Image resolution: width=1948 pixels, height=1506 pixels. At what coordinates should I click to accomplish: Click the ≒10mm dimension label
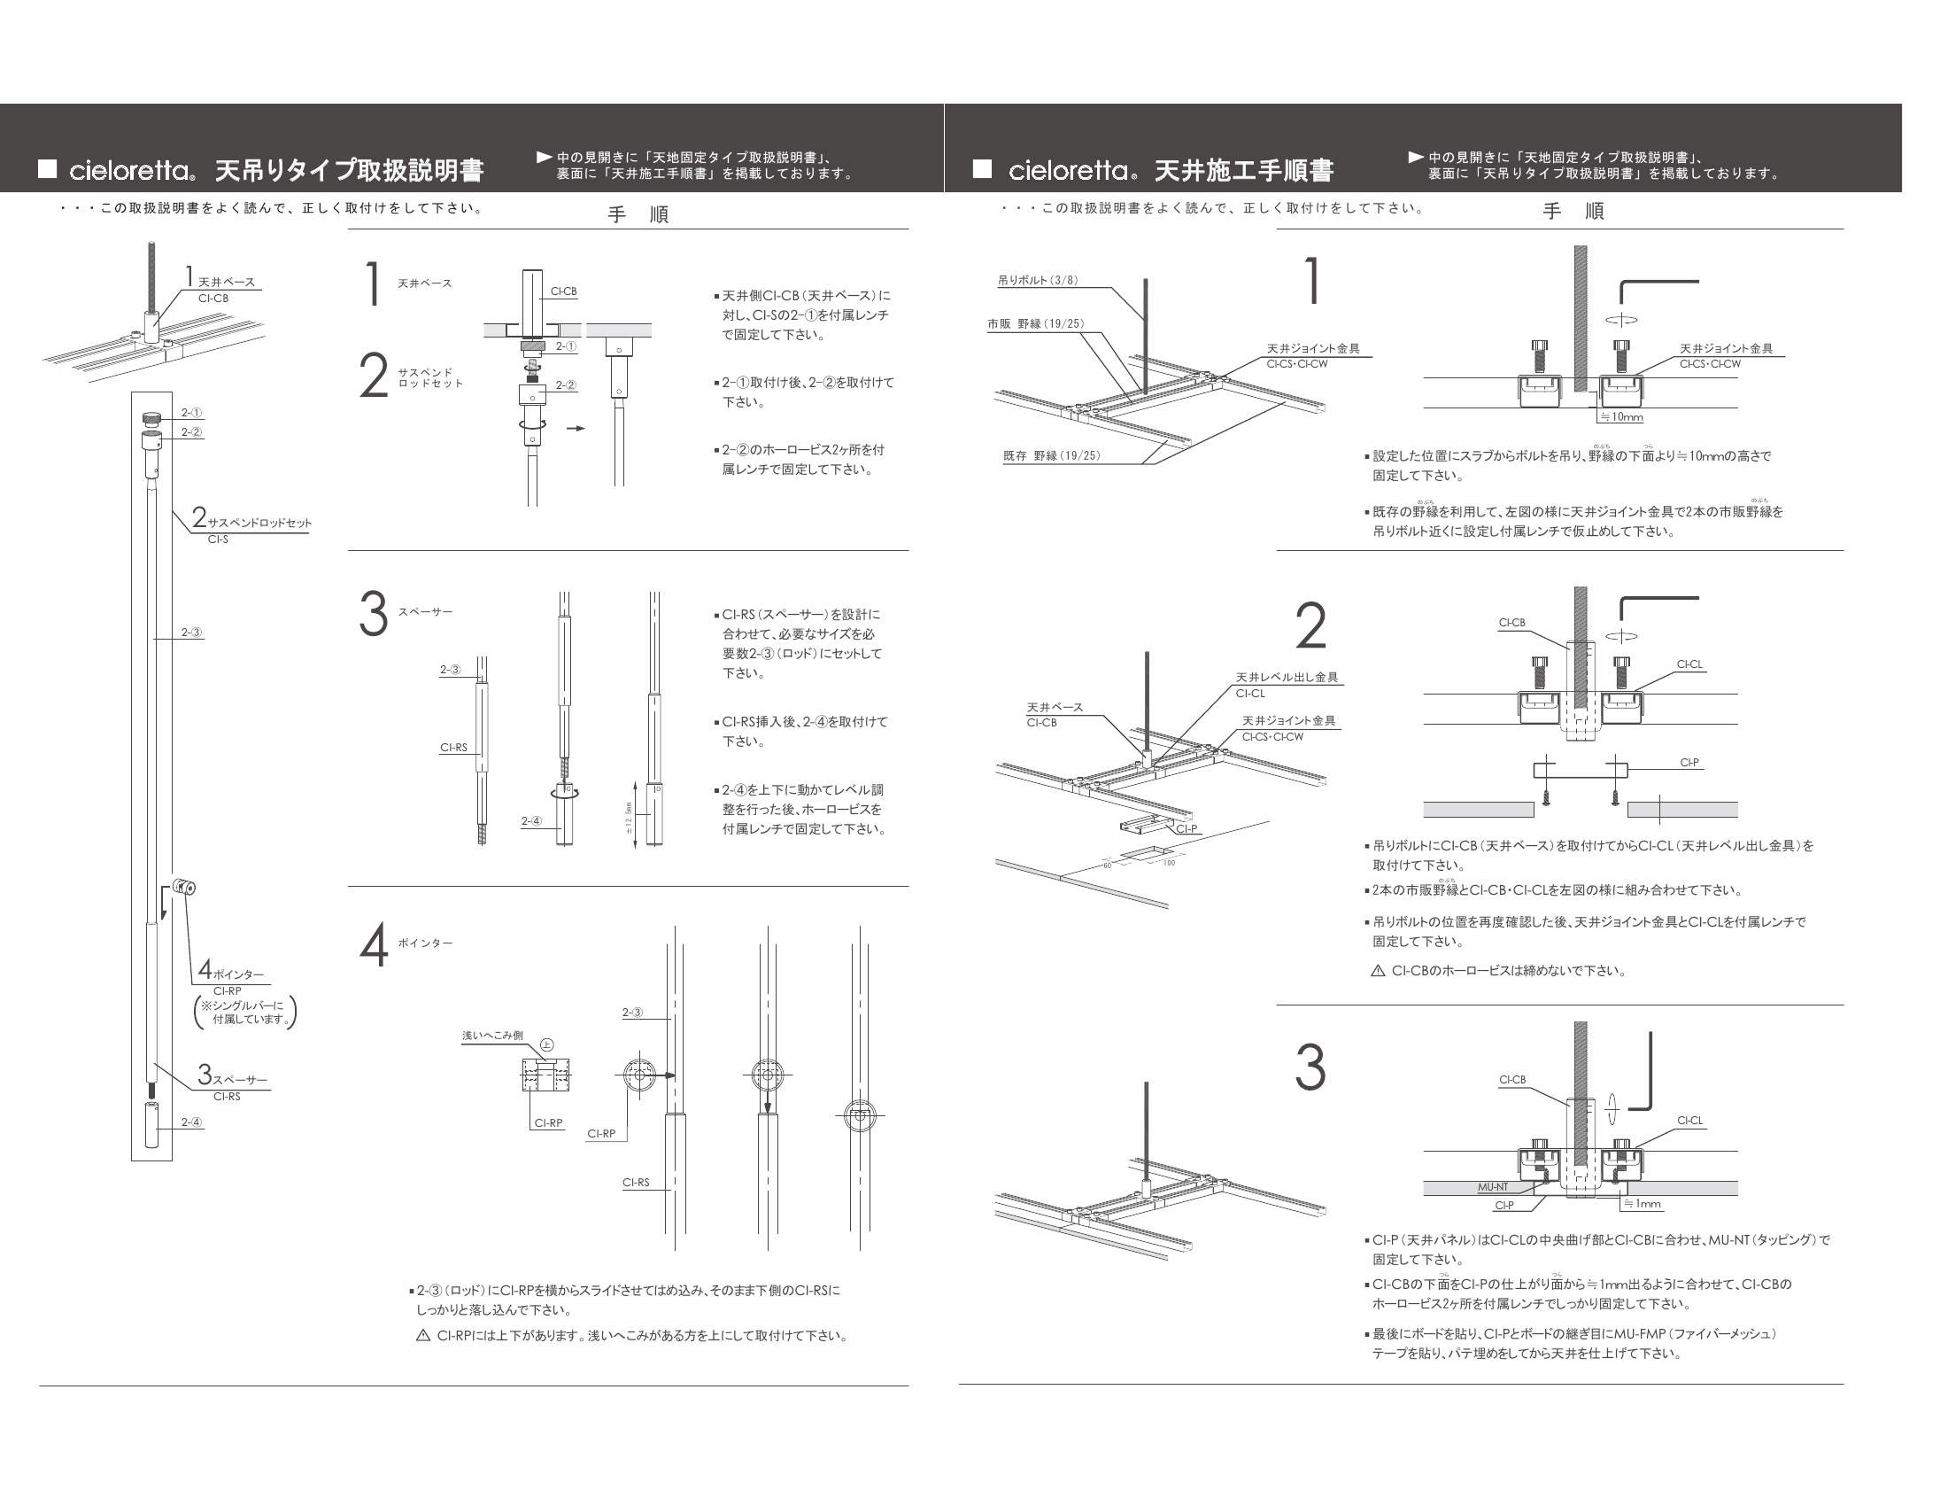pyautogui.click(x=1621, y=416)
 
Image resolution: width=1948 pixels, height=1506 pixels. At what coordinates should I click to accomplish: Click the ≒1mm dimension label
pyautogui.click(x=1642, y=1204)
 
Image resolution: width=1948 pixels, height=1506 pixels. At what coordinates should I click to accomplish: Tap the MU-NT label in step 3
pyautogui.click(x=1492, y=1186)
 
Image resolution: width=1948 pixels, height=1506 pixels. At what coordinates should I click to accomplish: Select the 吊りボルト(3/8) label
pyautogui.click(x=1038, y=280)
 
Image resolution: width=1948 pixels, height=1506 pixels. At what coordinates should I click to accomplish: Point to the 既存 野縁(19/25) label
pyautogui.click(x=1052, y=456)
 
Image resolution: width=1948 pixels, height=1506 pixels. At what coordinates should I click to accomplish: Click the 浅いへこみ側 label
pyautogui.click(x=492, y=1035)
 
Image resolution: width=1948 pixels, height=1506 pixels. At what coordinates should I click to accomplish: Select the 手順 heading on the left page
pyautogui.click(x=638, y=214)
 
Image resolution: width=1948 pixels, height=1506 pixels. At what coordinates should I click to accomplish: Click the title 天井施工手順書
pyautogui.click(x=1243, y=169)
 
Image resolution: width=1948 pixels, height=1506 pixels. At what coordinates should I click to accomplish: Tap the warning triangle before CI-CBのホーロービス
pyautogui.click(x=1377, y=971)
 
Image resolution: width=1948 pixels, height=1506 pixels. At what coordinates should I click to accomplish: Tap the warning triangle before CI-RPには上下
pyautogui.click(x=423, y=1336)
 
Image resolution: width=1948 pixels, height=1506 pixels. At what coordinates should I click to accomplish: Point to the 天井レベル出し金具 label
pyautogui.click(x=1287, y=677)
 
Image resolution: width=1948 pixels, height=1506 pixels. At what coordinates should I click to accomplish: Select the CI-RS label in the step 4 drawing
pyautogui.click(x=636, y=1182)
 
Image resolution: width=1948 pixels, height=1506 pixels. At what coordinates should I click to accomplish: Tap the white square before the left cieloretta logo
pyautogui.click(x=47, y=168)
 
